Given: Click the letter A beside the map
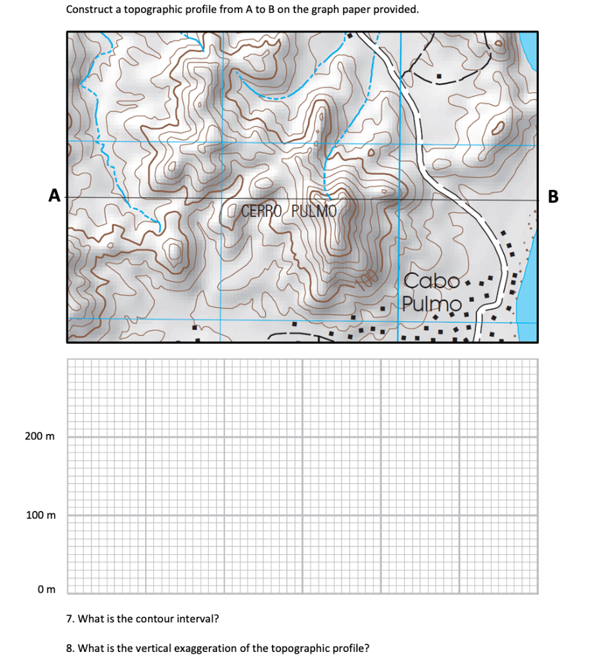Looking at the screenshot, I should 55,194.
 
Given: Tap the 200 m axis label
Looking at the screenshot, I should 40,436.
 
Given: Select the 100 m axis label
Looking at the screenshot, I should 40,515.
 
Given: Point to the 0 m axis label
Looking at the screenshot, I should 46,589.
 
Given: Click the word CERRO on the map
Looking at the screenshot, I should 262,210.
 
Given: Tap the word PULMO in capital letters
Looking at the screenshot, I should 314,210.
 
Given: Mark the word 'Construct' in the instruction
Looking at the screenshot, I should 89,10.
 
